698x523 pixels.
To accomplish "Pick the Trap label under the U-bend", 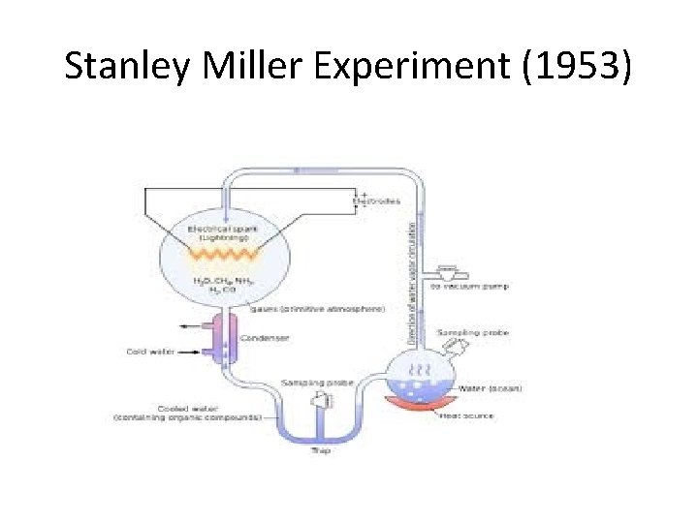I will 321,450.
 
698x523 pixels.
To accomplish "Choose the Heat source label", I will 467,415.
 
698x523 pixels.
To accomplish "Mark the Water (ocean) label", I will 490,388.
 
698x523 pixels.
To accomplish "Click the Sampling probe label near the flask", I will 472,332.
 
